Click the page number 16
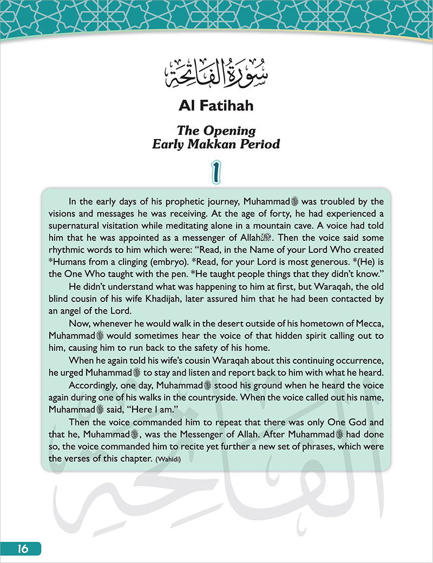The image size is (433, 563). (22, 548)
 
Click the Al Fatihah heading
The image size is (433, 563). (216, 105)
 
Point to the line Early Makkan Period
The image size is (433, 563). (216, 145)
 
